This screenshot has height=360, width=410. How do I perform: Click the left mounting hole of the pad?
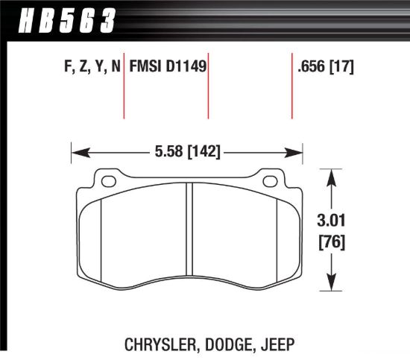[x=108, y=180]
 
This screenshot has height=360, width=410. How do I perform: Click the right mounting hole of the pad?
[x=269, y=180]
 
